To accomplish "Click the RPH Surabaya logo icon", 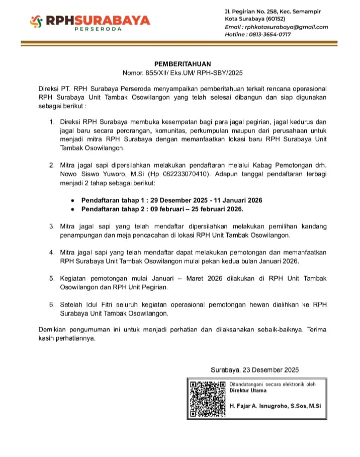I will coord(36,22).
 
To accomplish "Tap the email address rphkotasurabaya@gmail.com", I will coord(285,27).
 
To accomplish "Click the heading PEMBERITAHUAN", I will coord(183,64).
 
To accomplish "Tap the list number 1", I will coord(52,122).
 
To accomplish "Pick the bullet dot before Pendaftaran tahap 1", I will coord(74,200).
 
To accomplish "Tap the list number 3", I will coord(52,226).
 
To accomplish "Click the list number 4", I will coord(52,252).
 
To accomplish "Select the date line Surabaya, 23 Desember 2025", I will coord(255,369).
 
